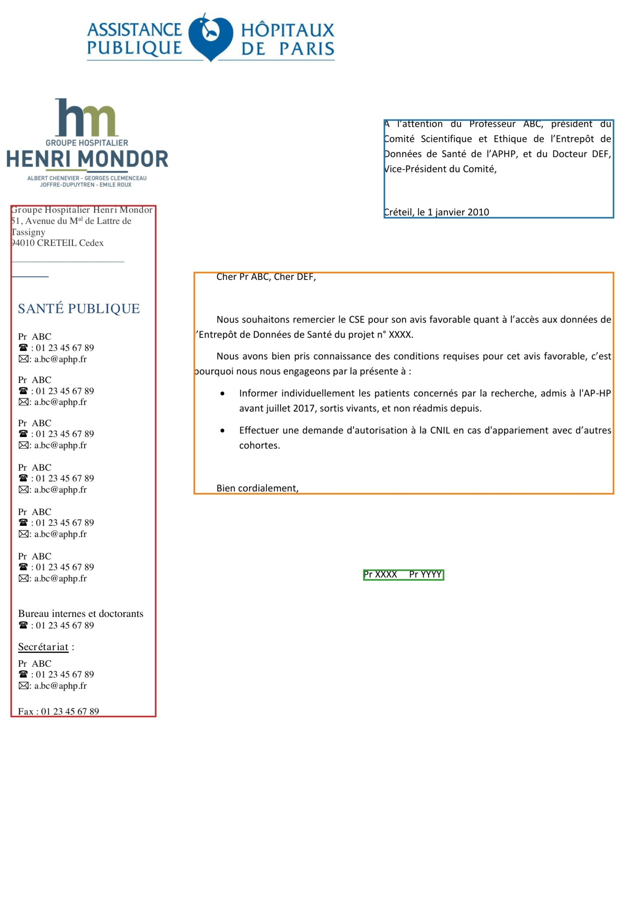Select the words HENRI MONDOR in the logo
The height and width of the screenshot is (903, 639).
click(x=88, y=159)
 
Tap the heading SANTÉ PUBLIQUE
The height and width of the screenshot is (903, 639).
click(x=79, y=308)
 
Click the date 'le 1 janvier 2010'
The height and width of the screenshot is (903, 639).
click(x=453, y=212)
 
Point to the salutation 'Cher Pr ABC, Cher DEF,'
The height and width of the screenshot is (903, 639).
click(x=266, y=277)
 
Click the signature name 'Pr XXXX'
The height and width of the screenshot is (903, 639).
click(x=380, y=574)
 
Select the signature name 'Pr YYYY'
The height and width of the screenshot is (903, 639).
click(x=425, y=574)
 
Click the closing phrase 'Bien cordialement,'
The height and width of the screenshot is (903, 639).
click(x=257, y=488)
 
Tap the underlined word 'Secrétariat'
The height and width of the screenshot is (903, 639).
click(x=43, y=647)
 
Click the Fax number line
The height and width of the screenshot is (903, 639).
click(x=59, y=711)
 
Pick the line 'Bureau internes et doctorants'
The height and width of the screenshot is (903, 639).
click(x=81, y=613)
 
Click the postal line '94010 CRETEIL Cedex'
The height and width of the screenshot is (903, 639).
click(x=57, y=243)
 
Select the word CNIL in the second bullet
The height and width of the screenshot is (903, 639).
click(x=440, y=430)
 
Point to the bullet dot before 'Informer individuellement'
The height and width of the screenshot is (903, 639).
click(x=223, y=394)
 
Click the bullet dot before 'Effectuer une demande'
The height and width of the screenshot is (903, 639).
click(x=223, y=431)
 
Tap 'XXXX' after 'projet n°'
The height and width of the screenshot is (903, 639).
click(x=400, y=335)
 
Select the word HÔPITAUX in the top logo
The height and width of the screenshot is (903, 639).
click(x=288, y=30)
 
